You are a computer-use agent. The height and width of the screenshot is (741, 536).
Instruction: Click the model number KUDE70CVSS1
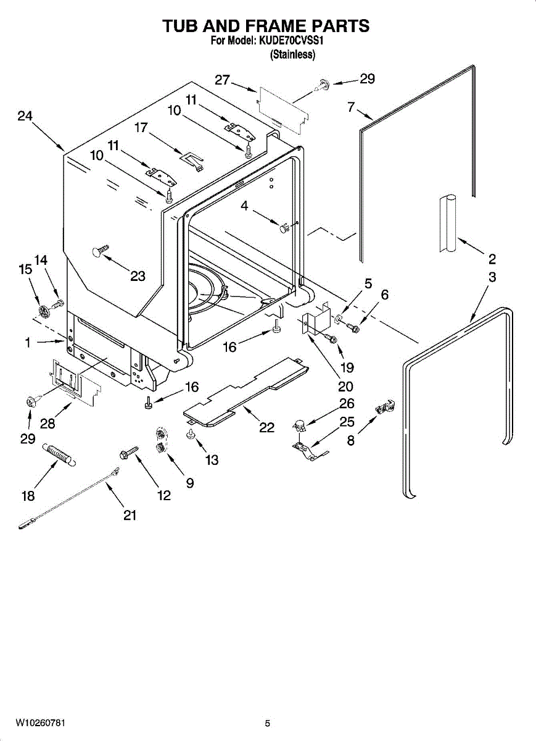291,41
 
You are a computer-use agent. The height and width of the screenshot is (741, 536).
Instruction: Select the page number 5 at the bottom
267,723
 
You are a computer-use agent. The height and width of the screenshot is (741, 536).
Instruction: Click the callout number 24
25,116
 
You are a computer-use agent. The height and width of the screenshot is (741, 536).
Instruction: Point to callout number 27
222,80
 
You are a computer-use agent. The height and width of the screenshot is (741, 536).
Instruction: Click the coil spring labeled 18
59,453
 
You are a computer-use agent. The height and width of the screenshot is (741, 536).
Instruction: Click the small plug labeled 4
284,228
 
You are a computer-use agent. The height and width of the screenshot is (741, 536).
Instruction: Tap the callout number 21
129,516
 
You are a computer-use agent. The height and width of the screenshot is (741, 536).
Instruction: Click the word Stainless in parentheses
293,54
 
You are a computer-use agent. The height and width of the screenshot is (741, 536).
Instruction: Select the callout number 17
141,128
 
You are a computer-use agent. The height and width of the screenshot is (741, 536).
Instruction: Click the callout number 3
492,277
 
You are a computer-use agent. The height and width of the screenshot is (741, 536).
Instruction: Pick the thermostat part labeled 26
299,425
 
